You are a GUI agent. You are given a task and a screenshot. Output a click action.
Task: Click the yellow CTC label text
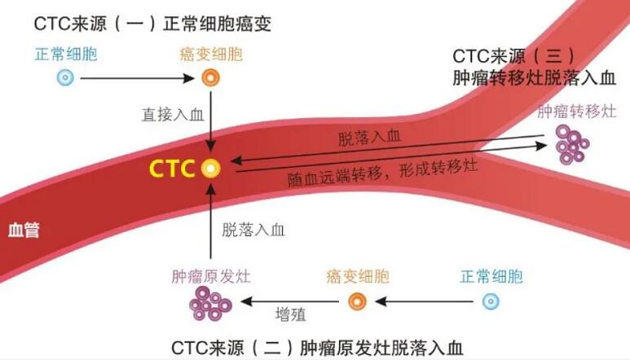click(171, 169)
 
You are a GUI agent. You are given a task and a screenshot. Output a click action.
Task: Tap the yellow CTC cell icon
click(211, 169)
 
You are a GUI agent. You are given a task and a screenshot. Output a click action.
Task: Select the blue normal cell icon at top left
click(66, 79)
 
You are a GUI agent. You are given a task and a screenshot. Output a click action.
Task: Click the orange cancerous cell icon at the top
click(211, 79)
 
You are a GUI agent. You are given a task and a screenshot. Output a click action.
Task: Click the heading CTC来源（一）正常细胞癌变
click(152, 24)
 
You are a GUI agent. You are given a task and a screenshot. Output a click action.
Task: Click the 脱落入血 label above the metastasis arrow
click(369, 137)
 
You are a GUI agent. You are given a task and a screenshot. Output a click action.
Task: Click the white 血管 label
click(23, 230)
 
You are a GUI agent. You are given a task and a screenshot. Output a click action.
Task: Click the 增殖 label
click(291, 314)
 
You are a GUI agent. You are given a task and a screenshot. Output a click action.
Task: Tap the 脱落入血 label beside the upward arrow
click(253, 230)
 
